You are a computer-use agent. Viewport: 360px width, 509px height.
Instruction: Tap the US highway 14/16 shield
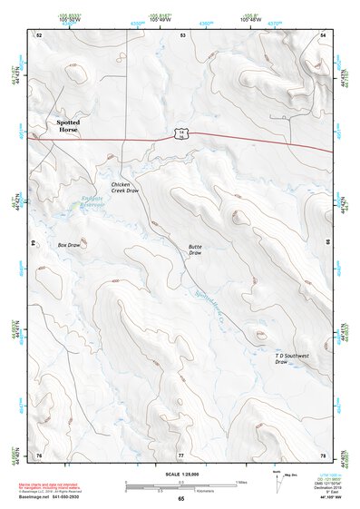(182, 134)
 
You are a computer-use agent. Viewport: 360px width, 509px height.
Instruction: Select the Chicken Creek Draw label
(125, 188)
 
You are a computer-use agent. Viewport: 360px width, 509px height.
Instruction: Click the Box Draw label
(69, 245)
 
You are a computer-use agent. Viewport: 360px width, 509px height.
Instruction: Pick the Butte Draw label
(195, 250)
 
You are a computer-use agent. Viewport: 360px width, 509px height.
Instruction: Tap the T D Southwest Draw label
(292, 358)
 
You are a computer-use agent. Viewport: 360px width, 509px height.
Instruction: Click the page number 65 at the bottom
(180, 499)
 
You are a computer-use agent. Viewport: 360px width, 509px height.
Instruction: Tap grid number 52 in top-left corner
(39, 34)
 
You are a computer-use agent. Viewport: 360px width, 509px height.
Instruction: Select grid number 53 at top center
(182, 34)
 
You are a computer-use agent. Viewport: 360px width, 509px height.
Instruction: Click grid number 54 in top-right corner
(323, 34)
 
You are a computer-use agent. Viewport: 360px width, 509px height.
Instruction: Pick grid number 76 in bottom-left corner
(39, 455)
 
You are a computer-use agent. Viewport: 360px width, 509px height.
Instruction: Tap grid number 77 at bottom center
(180, 455)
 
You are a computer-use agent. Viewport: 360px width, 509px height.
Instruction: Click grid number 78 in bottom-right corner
(323, 455)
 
